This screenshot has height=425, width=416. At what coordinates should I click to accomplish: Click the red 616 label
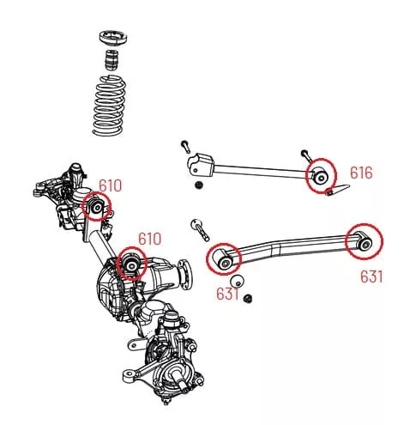[361, 173]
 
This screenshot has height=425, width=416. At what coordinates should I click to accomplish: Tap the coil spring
[109, 105]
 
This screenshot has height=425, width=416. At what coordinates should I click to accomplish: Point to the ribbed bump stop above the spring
[112, 60]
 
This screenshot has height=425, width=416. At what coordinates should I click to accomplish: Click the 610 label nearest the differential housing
[150, 239]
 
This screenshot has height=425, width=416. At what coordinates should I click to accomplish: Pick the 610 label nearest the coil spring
[110, 186]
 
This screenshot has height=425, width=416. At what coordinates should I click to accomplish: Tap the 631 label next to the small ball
[227, 294]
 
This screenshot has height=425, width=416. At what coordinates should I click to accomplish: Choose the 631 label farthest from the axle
[371, 276]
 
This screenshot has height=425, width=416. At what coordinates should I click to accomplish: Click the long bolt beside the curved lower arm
[200, 230]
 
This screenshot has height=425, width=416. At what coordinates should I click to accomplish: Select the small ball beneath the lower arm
[238, 282]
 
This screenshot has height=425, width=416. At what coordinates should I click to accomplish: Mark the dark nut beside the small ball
[248, 299]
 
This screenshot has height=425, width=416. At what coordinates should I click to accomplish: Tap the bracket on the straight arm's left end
[201, 165]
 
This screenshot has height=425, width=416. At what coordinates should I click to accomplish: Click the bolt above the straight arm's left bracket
[185, 147]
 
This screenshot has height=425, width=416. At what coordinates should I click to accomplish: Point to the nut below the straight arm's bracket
[197, 185]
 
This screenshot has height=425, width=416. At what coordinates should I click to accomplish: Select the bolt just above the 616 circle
[305, 156]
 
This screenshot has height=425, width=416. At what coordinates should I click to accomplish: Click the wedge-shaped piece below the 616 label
[338, 189]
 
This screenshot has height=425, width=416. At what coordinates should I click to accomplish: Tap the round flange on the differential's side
[185, 271]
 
